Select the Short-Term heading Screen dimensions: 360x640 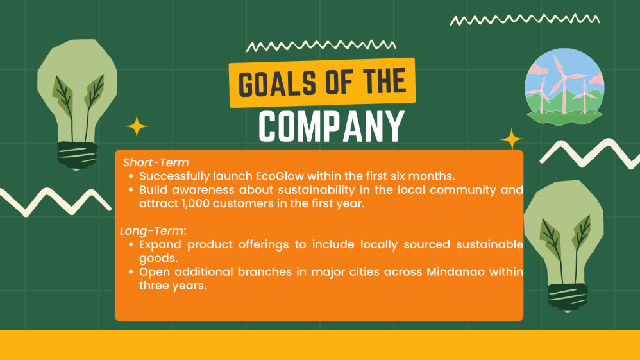tap(156, 162)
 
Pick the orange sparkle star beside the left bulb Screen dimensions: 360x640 tap(137, 126)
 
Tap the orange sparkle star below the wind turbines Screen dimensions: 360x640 tap(511, 139)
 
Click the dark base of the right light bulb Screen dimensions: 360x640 tap(568, 295)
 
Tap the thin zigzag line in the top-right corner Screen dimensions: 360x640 tap(524, 20)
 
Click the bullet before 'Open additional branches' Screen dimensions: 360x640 tap(131, 272)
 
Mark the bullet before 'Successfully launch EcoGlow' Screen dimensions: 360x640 tap(131, 176)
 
